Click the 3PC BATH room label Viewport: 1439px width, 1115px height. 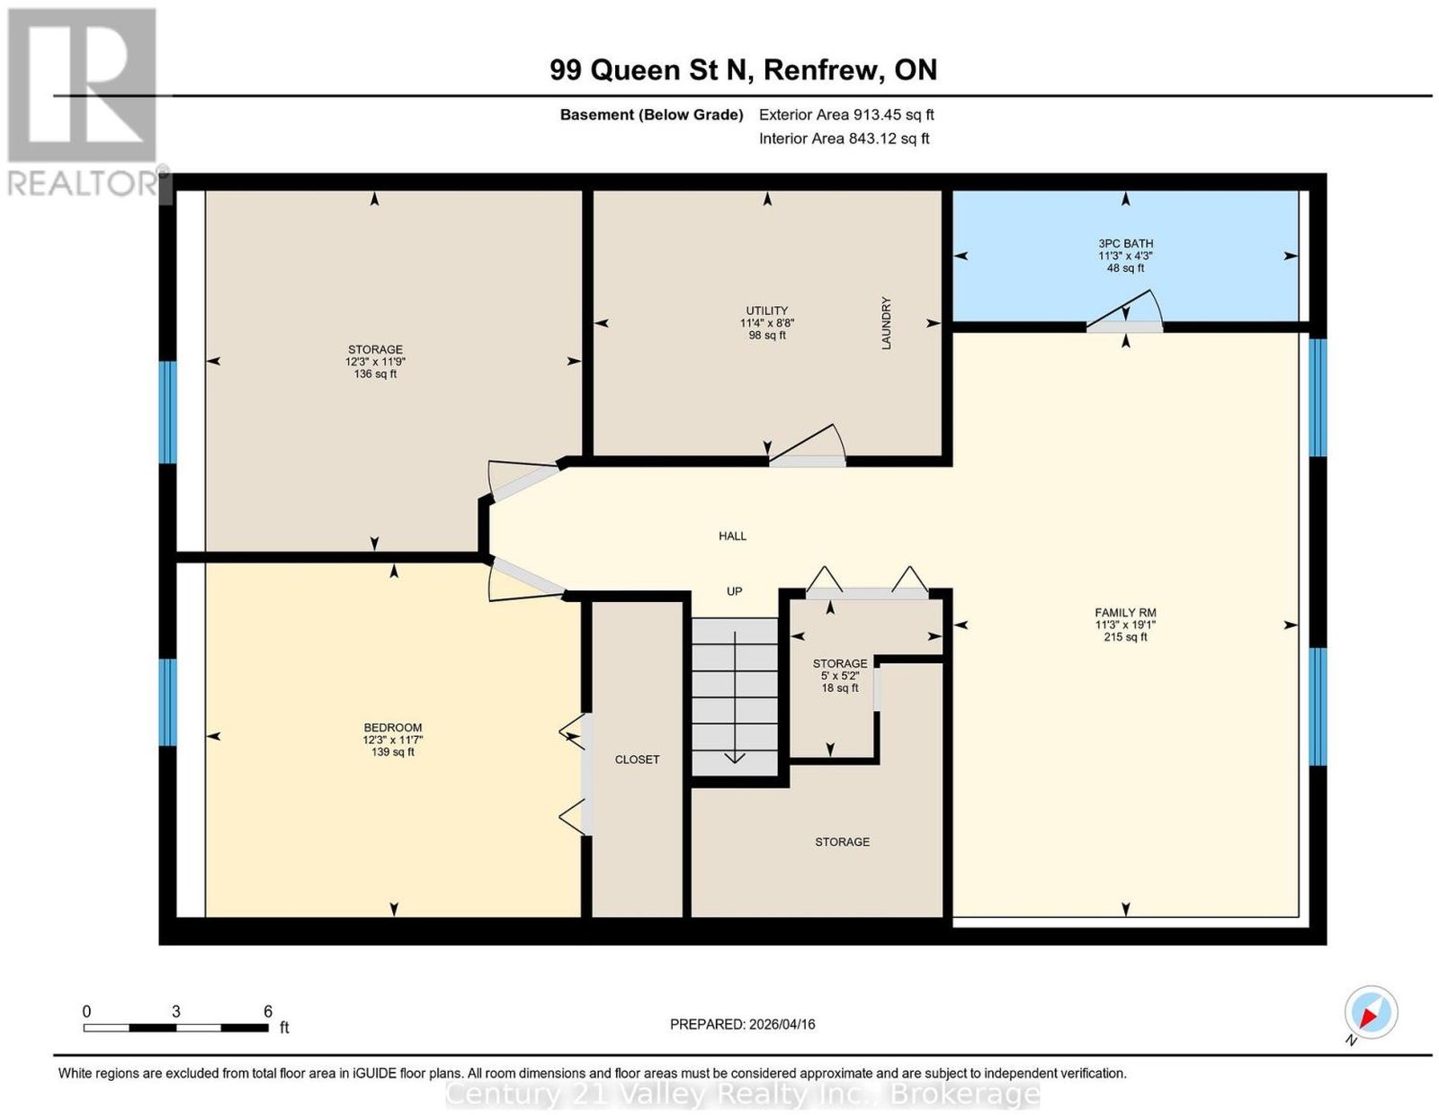1125,244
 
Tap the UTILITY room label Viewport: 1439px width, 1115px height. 767,310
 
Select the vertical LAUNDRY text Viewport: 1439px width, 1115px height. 886,323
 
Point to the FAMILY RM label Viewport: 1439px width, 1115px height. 1125,613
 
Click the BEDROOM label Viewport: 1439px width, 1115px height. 393,727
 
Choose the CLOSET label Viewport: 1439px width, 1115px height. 637,760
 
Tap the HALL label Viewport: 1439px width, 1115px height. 732,536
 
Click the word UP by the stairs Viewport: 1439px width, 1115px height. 735,591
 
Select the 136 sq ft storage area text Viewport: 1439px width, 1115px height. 375,374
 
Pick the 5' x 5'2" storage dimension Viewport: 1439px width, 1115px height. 840,676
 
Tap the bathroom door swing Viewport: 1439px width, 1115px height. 1126,310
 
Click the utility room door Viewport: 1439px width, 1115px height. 808,444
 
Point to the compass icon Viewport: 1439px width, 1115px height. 1372,1012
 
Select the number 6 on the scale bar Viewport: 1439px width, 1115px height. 267,1011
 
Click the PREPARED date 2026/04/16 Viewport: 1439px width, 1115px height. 782,1024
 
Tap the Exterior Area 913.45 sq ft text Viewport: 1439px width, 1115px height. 846,114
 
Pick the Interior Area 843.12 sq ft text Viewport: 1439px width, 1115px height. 845,139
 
